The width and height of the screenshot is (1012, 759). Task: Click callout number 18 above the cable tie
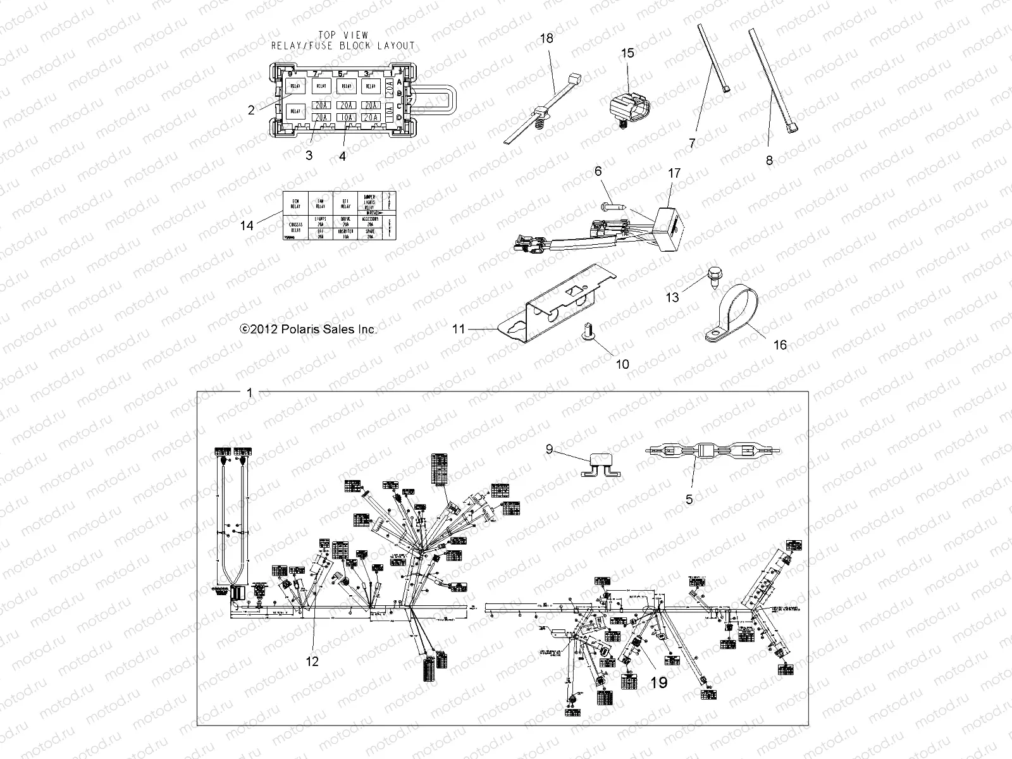tap(546, 39)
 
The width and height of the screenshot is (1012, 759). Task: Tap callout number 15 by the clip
tap(627, 53)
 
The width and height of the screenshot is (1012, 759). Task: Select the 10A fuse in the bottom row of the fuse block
tap(345, 118)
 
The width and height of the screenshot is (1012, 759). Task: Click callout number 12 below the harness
tap(312, 662)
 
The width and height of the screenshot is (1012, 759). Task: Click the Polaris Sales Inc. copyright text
tap(309, 329)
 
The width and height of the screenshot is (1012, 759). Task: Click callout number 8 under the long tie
tap(769, 161)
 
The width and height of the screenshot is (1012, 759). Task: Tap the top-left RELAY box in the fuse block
tap(295, 86)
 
